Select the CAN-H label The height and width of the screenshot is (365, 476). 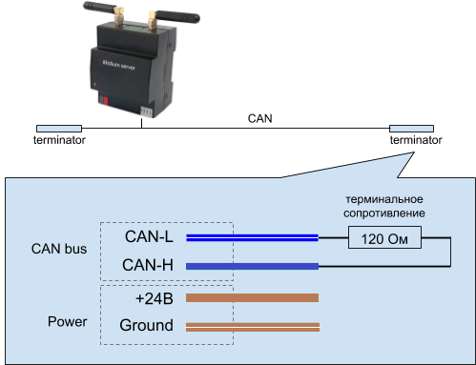(x=149, y=265)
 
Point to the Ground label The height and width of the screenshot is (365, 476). (x=147, y=326)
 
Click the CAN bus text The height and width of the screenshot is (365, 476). (x=59, y=250)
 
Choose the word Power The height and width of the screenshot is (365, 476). (x=68, y=321)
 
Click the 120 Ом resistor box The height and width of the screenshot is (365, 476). (x=385, y=238)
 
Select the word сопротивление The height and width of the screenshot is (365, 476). (x=385, y=214)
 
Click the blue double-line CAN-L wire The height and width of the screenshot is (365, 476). (x=252, y=237)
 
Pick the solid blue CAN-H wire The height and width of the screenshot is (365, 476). (x=252, y=266)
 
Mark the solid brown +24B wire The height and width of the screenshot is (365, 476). (x=252, y=297)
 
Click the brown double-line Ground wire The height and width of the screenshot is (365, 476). (x=252, y=327)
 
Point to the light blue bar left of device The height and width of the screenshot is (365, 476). (x=58, y=128)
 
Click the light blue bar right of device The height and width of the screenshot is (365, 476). (x=411, y=128)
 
